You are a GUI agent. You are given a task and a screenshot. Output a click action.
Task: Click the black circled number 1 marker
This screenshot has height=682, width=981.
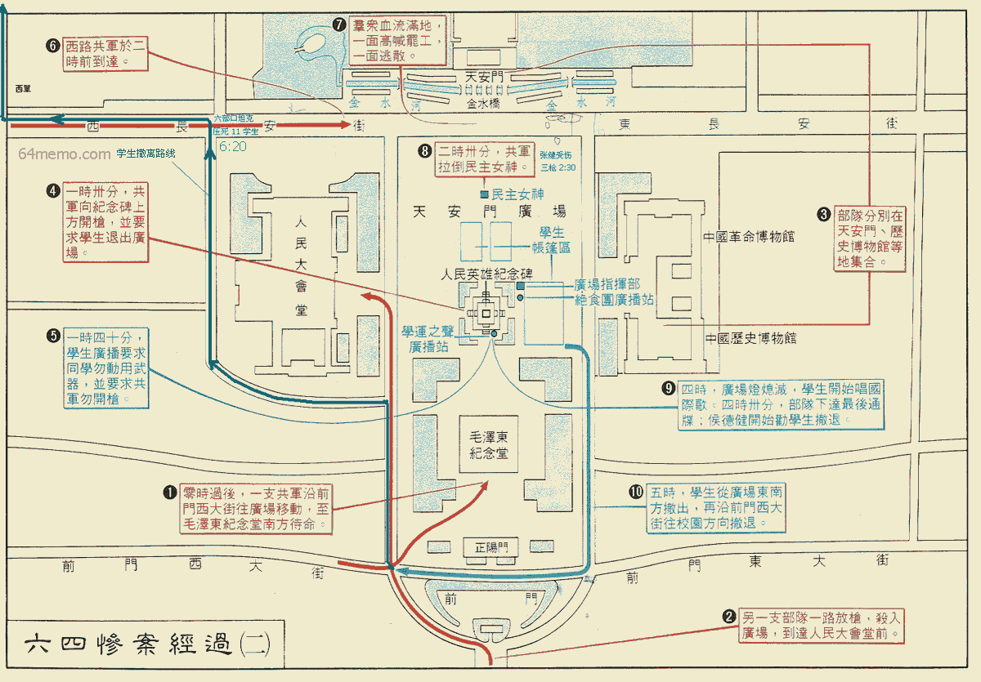pyautogui.click(x=170, y=492)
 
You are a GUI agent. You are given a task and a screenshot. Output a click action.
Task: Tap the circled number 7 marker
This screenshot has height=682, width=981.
pyautogui.click(x=340, y=25)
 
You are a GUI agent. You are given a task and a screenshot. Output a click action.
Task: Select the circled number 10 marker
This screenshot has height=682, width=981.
pyautogui.click(x=636, y=492)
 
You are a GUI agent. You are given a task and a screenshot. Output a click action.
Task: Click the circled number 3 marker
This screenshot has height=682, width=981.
pyautogui.click(x=824, y=215)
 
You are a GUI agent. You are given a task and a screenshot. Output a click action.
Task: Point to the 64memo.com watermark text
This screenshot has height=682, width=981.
pyautogui.click(x=64, y=154)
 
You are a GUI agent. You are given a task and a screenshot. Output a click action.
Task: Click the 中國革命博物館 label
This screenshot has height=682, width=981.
pyautogui.click(x=749, y=238)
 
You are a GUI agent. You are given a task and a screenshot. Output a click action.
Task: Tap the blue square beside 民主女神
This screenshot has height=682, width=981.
pyautogui.click(x=484, y=194)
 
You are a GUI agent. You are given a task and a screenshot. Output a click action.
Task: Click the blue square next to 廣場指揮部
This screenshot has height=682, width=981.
pyautogui.click(x=520, y=286)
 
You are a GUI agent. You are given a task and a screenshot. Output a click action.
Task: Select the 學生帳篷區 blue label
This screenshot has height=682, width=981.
pyautogui.click(x=547, y=240)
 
